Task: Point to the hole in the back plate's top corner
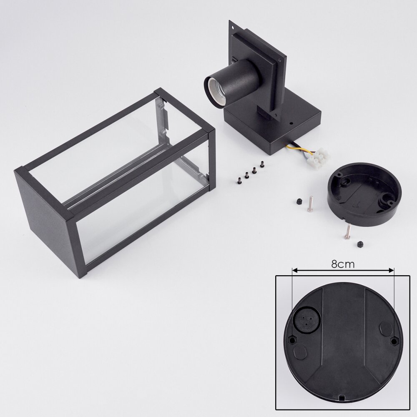point(233,28)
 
